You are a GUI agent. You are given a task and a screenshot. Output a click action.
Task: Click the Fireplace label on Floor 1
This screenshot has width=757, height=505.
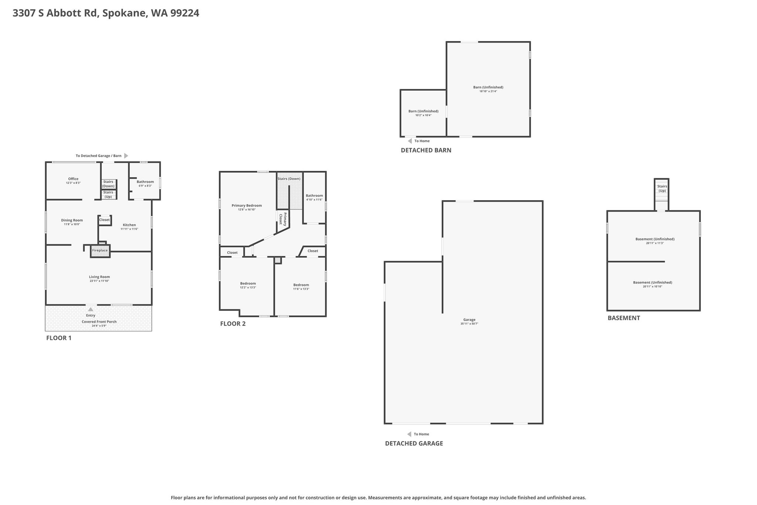(100, 250)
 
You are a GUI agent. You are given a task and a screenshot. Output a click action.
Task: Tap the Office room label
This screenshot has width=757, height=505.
(73, 179)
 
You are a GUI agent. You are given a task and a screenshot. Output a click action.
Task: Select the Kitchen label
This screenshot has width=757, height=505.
(129, 225)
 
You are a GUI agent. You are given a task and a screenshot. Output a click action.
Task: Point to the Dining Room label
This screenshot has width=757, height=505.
(72, 220)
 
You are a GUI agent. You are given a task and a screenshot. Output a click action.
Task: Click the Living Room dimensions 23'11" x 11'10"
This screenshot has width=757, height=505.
(99, 281)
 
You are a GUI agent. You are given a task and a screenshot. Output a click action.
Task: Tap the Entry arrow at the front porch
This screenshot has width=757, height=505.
(91, 309)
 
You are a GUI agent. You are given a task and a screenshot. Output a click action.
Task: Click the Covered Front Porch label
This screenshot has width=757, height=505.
(99, 321)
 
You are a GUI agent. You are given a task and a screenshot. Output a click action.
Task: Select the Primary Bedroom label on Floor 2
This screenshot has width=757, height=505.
(247, 206)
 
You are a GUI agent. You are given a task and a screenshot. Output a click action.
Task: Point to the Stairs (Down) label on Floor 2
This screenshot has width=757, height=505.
(289, 179)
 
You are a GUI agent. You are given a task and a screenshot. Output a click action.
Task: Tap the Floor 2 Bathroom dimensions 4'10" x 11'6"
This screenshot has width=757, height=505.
(314, 200)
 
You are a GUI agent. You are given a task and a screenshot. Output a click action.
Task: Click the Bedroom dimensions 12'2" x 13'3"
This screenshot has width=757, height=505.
(248, 287)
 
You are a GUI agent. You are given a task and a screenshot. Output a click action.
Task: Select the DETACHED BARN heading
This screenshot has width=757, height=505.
(426, 150)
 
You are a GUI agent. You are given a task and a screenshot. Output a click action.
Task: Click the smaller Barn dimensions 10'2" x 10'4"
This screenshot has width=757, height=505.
(423, 115)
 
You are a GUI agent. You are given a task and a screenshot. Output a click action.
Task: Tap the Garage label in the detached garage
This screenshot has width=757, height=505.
(469, 320)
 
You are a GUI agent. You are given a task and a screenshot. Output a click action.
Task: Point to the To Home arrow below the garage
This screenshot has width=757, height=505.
(409, 434)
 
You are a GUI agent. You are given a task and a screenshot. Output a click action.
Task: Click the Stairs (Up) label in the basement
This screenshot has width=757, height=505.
(662, 189)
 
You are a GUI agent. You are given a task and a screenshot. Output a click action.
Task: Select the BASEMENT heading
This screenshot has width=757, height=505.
(624, 318)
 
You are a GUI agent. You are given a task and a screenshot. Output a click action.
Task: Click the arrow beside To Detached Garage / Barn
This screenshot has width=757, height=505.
(126, 156)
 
